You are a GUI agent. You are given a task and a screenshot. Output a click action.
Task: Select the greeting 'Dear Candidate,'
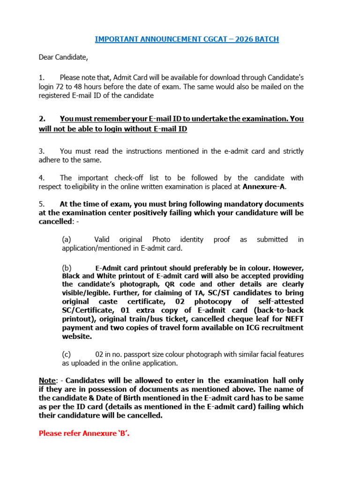tap(63, 57)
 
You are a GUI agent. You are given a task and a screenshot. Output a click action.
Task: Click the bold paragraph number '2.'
tap(42, 119)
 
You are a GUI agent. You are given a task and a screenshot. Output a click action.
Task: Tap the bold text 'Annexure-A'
tap(264, 187)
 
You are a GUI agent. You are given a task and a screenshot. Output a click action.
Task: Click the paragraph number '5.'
tap(42, 204)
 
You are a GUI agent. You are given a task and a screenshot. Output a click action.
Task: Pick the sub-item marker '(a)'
tap(67, 240)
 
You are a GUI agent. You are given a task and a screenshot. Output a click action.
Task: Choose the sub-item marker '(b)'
tap(67, 268)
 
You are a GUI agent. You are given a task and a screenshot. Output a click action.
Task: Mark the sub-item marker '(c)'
tap(67, 354)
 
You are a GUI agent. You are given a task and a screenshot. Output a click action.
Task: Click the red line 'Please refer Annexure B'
tap(84, 433)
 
